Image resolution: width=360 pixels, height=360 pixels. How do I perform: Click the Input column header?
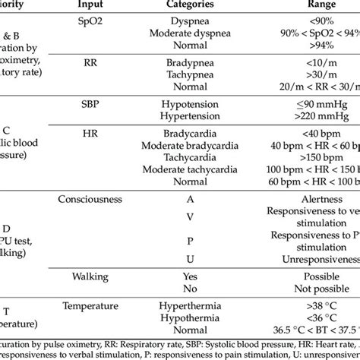coord(90,6)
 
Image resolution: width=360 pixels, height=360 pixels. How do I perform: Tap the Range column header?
coord(304,6)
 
